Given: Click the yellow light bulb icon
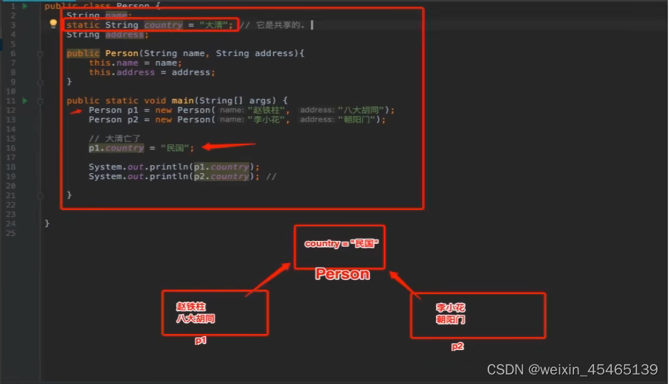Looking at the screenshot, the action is coord(53,24).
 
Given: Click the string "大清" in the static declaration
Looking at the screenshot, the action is coord(215,25).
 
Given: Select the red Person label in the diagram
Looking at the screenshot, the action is coord(342,274).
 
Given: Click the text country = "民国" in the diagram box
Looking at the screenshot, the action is coord(341,243).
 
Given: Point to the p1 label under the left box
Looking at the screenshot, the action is coord(201,341).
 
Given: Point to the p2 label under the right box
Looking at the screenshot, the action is coord(457,346).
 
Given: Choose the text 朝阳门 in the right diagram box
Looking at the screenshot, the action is coord(451,320).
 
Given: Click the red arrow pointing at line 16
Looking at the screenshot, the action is coord(228,147).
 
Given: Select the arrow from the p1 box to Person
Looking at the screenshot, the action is coord(268,277).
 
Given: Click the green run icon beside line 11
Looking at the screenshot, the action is coord(24,100).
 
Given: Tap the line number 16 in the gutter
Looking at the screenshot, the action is coord(10,147).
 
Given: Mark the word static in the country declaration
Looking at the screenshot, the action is coord(83,25).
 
